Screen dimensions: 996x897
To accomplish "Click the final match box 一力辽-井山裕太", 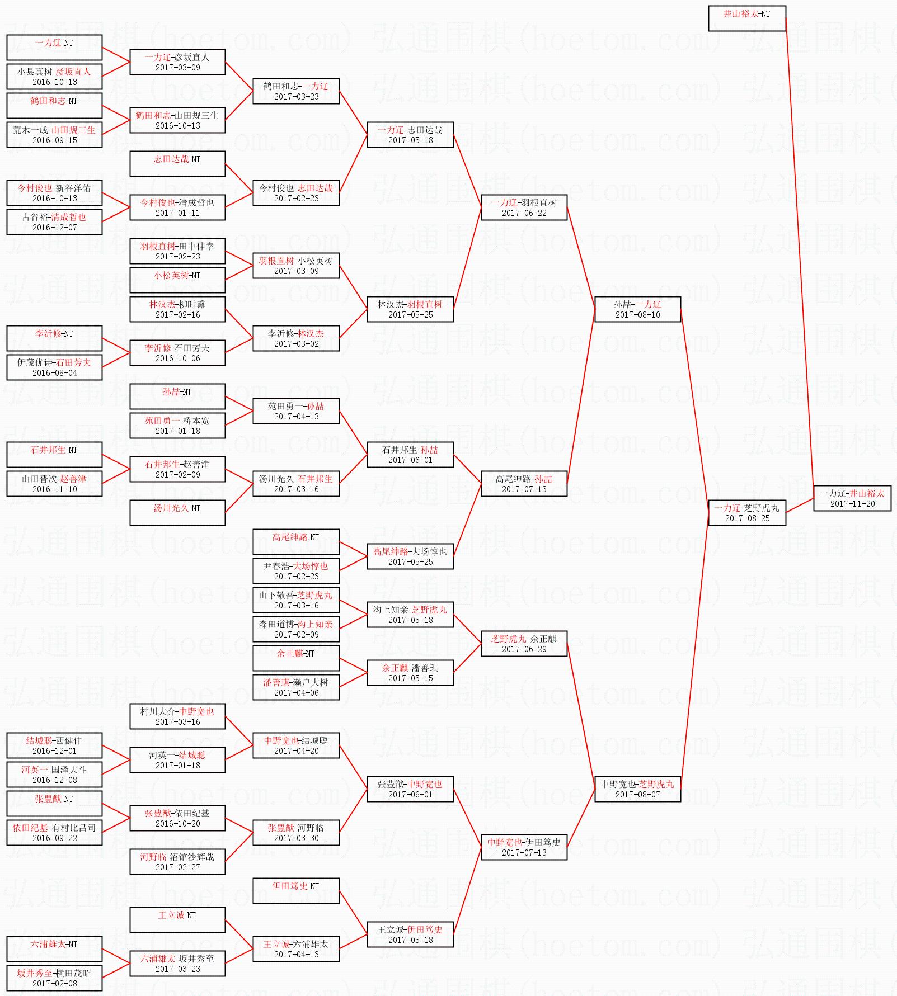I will click(852, 498).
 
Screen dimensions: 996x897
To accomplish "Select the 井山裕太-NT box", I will click(746, 18).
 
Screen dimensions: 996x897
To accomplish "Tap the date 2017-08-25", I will click(747, 518).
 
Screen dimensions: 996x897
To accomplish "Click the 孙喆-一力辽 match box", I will click(637, 309).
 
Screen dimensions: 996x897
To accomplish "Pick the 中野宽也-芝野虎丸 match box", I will click(637, 789).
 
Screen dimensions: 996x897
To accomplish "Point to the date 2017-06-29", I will click(524, 649).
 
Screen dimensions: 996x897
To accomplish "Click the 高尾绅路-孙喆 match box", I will click(524, 484).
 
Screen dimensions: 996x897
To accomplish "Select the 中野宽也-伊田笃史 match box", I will click(524, 847).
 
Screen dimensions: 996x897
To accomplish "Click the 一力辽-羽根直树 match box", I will click(524, 207).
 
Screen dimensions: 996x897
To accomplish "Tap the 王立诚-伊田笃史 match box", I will click(410, 934).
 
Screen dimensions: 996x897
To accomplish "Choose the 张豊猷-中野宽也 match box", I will click(410, 789).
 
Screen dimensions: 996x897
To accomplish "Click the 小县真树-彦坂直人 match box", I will click(54, 77).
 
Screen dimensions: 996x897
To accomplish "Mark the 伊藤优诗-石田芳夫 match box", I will click(54, 367).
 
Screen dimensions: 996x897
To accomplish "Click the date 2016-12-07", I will click(54, 228).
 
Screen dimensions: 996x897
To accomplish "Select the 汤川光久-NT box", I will click(177, 513).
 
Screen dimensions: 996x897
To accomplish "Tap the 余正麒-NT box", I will click(296, 658).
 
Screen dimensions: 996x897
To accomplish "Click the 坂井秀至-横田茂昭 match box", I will click(54, 978).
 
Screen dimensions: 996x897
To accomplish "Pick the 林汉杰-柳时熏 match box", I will click(177, 309).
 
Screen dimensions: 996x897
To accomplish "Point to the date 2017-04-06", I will click(296, 693).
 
